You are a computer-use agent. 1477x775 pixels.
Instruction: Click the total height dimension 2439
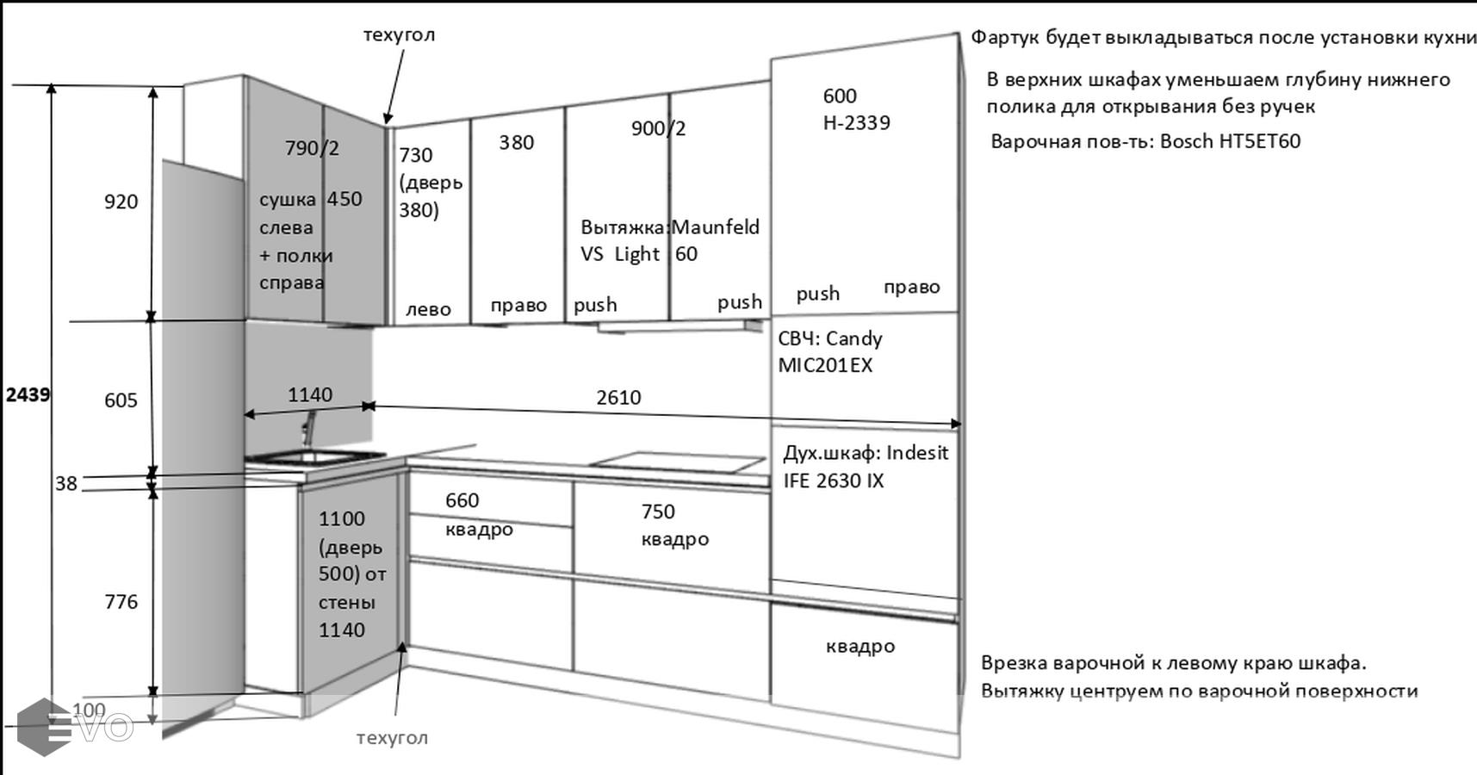pos(28,394)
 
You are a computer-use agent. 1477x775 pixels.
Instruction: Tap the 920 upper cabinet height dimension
pos(121,201)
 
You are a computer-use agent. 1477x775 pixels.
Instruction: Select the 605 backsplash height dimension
pos(121,400)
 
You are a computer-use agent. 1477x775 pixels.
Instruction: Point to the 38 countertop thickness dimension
pos(66,483)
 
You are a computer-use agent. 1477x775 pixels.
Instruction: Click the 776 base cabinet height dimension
pos(121,601)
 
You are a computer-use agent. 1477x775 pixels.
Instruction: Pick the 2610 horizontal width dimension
pos(618,397)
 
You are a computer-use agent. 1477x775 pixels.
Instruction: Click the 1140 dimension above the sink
pos(309,394)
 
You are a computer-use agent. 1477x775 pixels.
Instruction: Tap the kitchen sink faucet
pos(308,429)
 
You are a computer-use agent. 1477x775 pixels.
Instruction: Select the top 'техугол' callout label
pos(399,34)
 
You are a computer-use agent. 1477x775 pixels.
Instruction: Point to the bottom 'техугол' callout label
pos(392,737)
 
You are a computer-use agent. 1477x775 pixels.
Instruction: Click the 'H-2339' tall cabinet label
pos(856,122)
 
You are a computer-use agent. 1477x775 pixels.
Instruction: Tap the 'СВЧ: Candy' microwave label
pos(829,338)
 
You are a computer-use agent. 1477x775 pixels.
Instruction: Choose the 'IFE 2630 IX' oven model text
pos(833,480)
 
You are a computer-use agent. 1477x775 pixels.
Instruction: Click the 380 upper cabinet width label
pos(516,142)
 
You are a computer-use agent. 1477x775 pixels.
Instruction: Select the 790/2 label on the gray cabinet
pos(312,148)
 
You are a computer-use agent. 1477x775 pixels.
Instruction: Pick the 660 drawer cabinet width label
pos(462,500)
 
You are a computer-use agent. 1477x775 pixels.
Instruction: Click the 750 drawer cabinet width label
pos(658,512)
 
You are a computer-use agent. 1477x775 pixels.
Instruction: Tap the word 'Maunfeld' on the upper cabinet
pos(716,227)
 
